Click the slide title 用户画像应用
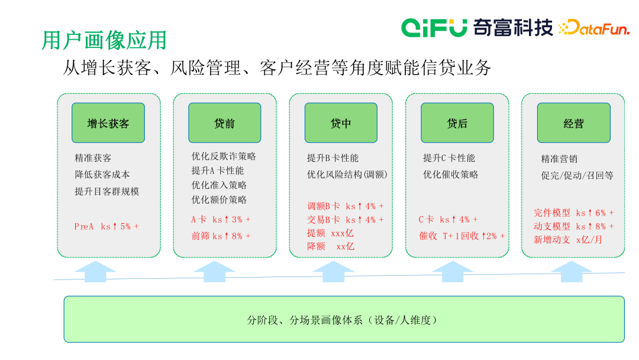click(104, 40)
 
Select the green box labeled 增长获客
click(108, 123)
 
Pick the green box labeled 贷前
click(224, 123)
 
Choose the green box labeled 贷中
click(341, 123)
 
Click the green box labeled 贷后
click(457, 123)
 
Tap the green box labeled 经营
click(573, 123)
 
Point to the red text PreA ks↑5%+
click(106, 226)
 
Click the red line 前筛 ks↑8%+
click(221, 236)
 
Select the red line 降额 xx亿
click(330, 246)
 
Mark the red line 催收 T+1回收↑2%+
click(462, 236)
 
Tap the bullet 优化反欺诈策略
click(224, 156)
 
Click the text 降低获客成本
click(102, 175)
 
